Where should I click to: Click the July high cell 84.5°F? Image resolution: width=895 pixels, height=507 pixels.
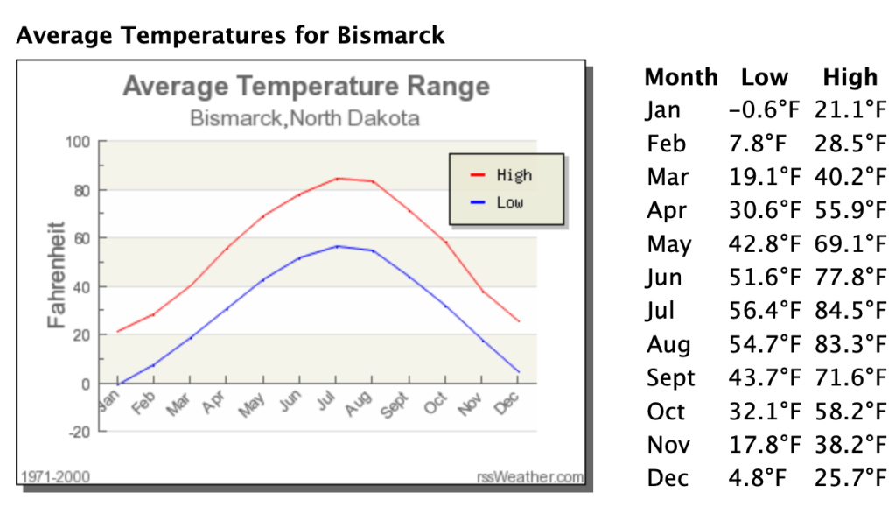coord(850,312)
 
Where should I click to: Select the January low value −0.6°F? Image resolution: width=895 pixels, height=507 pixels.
coord(764,111)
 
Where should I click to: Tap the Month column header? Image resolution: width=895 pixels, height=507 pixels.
coord(681,78)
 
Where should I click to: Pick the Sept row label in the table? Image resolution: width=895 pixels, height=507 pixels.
coord(671,378)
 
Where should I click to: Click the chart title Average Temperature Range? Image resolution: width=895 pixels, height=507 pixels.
coord(306,87)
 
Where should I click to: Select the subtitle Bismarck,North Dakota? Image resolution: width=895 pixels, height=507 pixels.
coord(304,118)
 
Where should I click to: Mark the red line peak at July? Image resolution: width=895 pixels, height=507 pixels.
coord(337,179)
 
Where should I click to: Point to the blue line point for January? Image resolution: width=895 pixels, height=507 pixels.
coord(117,384)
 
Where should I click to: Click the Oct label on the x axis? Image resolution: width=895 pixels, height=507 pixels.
coord(435,405)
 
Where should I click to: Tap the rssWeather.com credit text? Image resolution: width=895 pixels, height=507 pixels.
coord(529,477)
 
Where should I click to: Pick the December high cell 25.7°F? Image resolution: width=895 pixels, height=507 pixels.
coord(850,479)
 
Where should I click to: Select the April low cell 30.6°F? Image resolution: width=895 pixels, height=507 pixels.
coord(764,211)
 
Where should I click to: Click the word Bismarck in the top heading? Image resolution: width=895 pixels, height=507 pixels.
coord(390,36)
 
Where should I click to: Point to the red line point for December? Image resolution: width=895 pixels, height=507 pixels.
coord(519,321)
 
